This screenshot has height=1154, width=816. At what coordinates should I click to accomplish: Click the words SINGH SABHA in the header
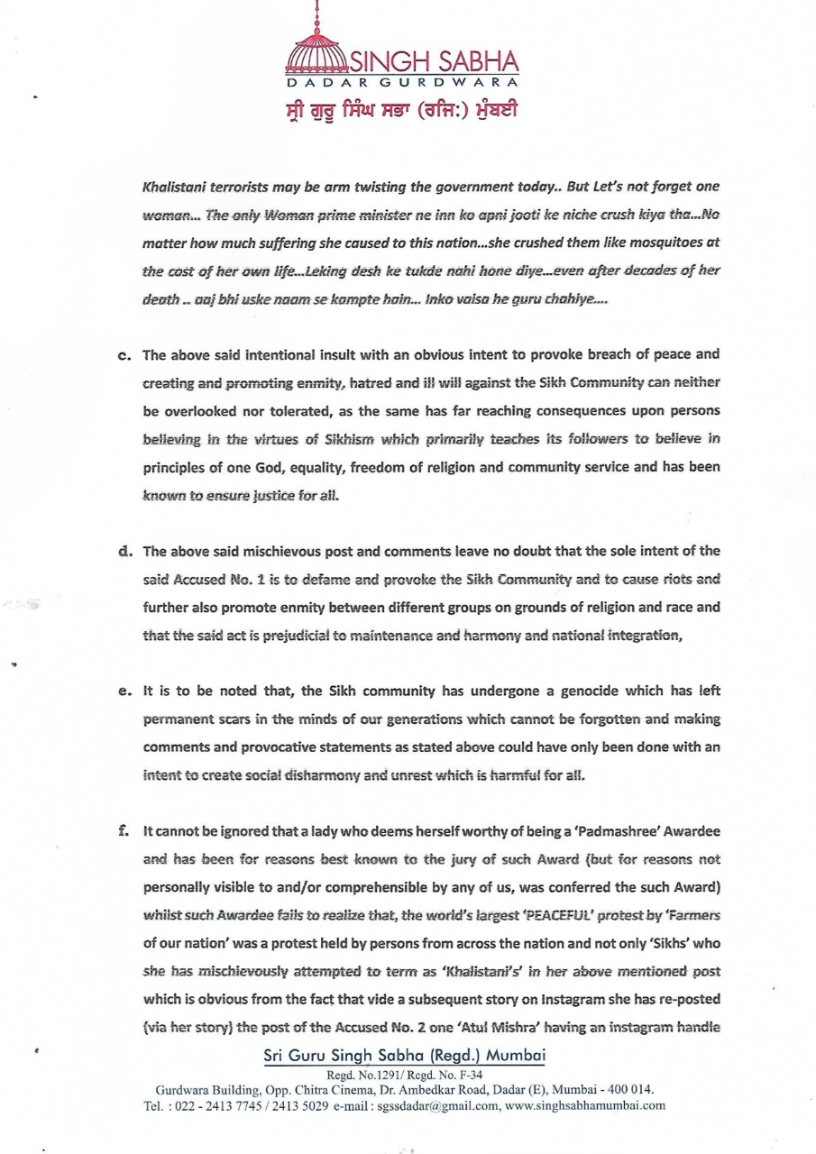434,62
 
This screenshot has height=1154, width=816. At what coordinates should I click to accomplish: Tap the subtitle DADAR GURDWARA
402,83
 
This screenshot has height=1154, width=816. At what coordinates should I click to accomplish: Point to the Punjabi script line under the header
402,111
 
